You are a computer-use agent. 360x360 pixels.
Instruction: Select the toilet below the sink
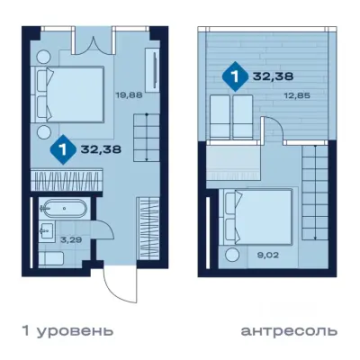[52, 259]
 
